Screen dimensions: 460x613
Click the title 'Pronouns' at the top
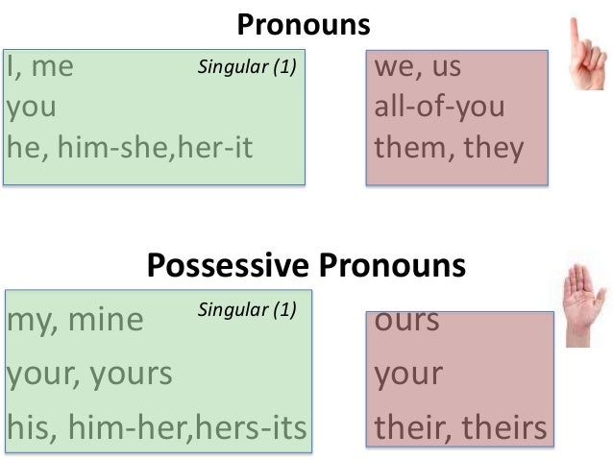pyautogui.click(x=304, y=25)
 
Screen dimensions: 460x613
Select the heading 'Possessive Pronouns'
pyautogui.click(x=306, y=265)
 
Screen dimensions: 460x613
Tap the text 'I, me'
pyautogui.click(x=41, y=69)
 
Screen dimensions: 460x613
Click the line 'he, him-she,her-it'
pyautogui.click(x=135, y=149)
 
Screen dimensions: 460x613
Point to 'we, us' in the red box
pyautogui.click(x=419, y=68)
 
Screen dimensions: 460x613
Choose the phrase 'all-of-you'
pyautogui.click(x=439, y=108)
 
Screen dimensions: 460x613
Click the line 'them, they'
pyautogui.click(x=449, y=148)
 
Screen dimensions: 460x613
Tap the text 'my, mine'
pyautogui.click(x=75, y=320)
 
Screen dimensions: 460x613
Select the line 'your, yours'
pyautogui.click(x=90, y=373)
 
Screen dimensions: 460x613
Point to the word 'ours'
pyautogui.click(x=407, y=320)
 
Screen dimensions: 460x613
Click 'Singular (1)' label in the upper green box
pyautogui.click(x=248, y=68)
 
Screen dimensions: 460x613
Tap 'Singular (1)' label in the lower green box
pyautogui.click(x=248, y=310)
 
